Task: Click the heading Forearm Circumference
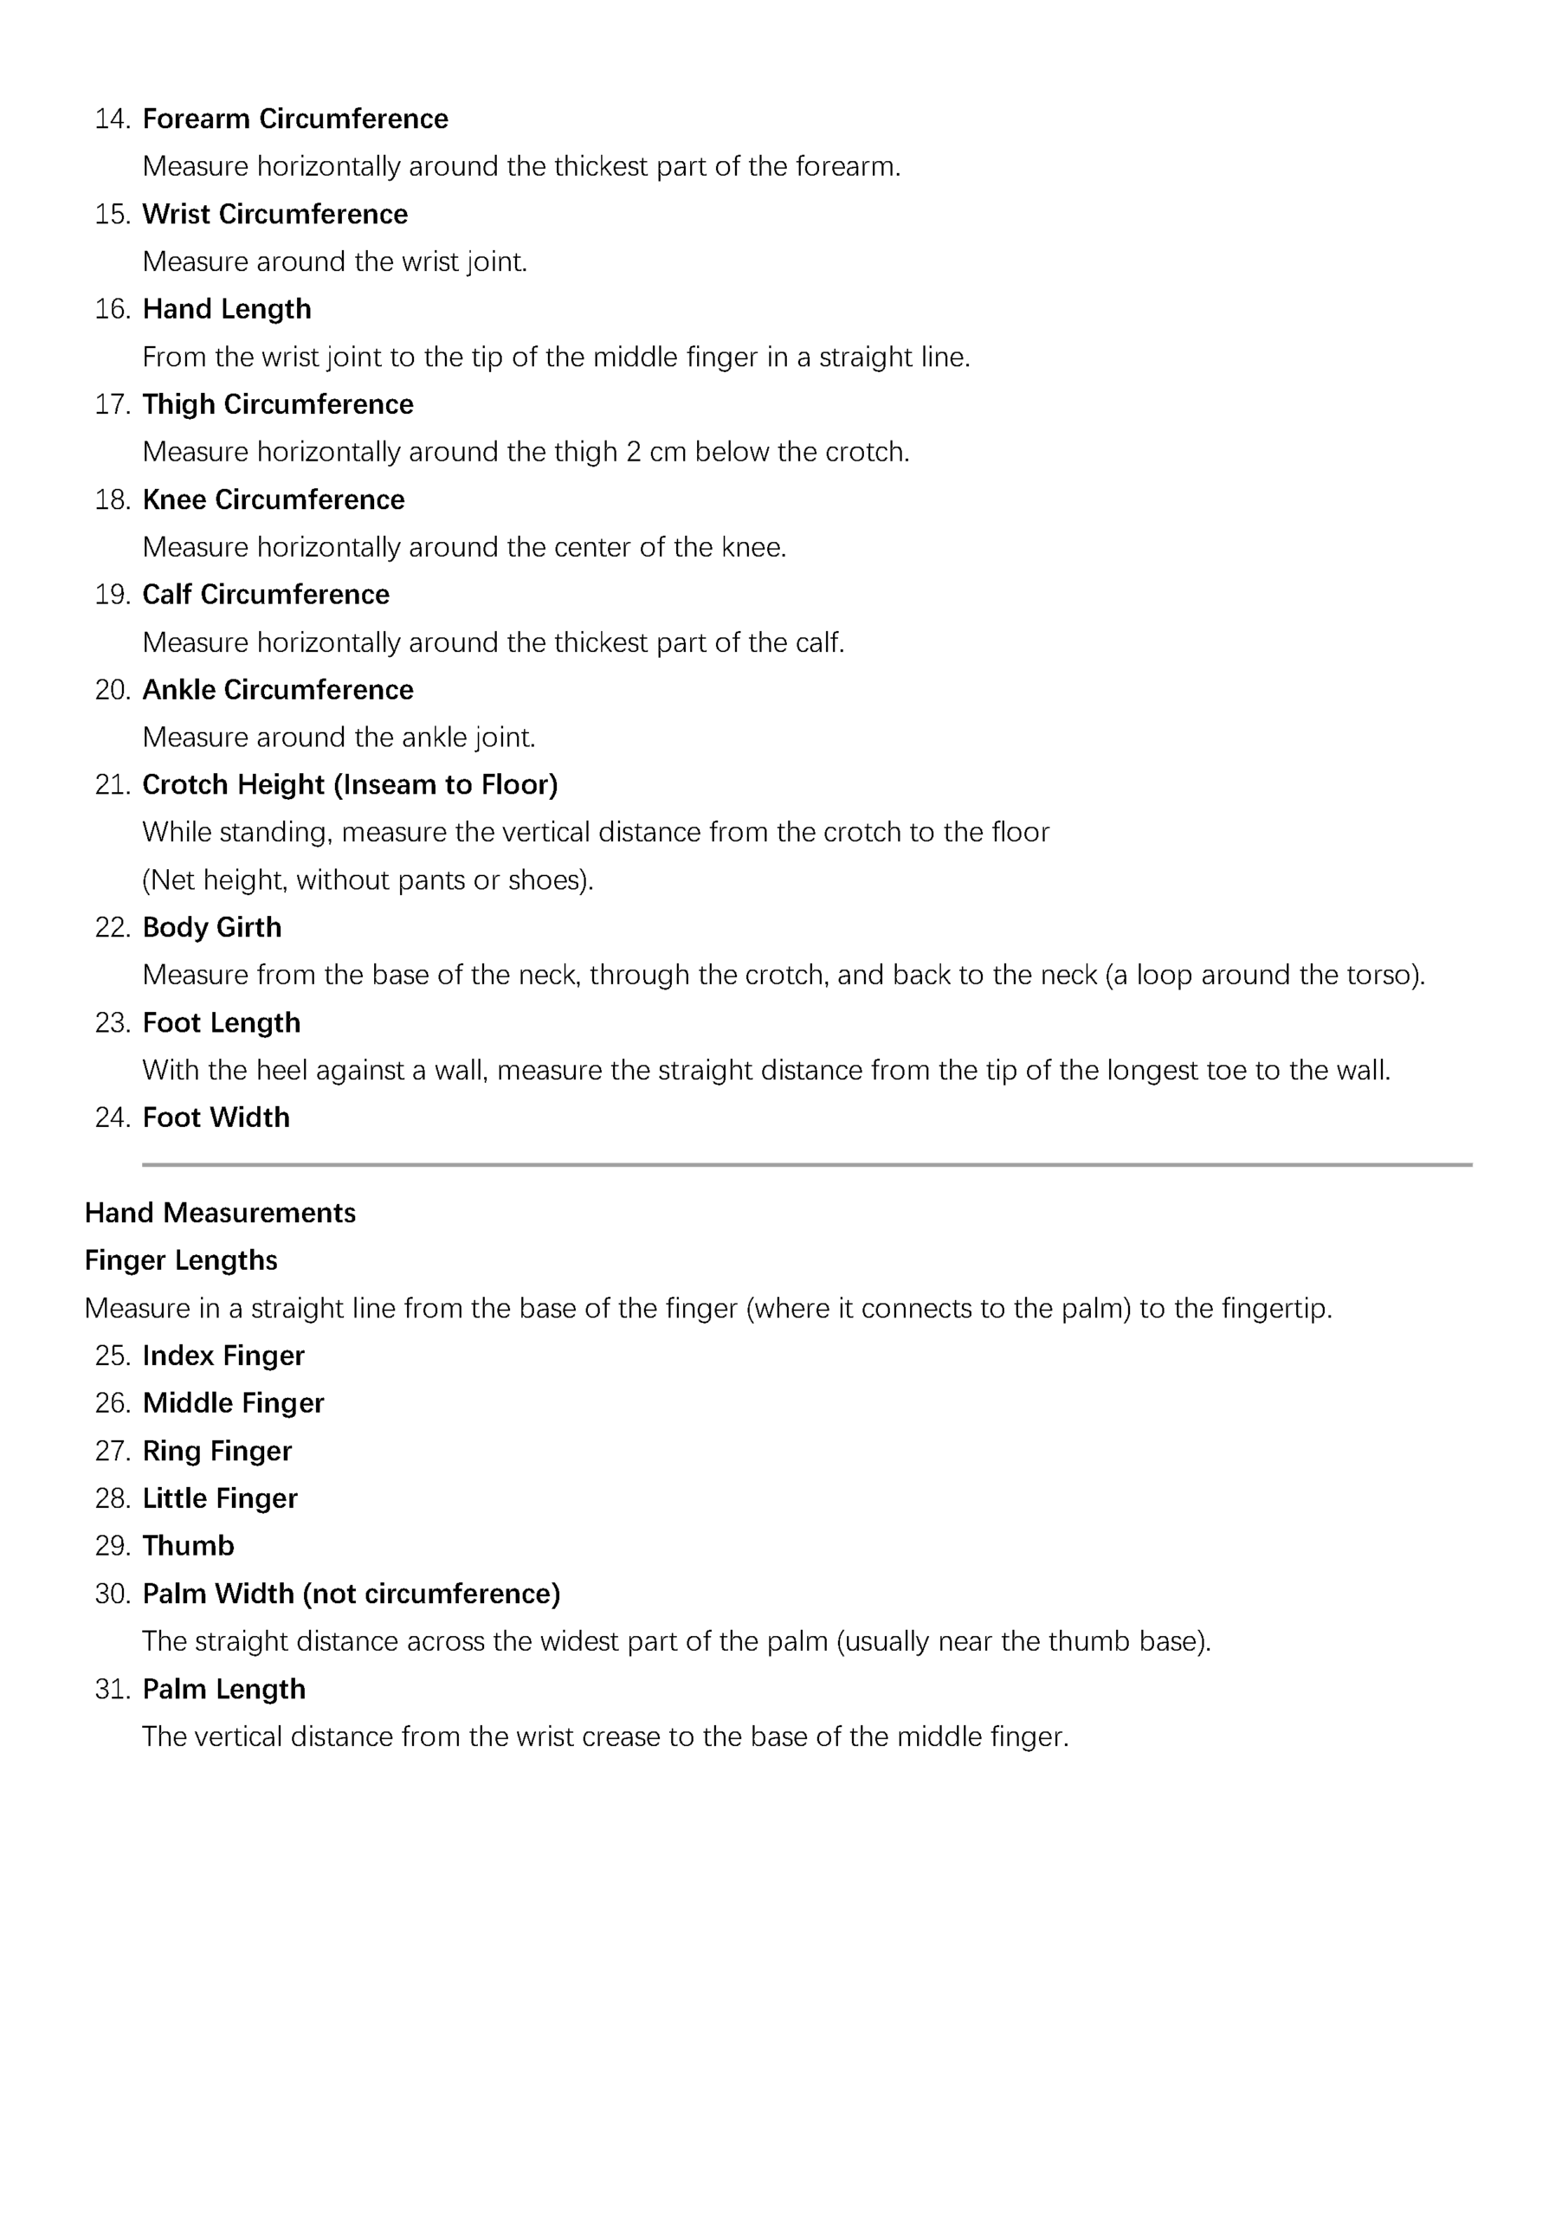point(294,119)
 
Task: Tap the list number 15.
point(112,215)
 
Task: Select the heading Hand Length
point(227,309)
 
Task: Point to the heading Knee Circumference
point(274,500)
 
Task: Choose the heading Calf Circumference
point(266,595)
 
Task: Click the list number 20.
point(112,690)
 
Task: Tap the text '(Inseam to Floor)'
point(445,784)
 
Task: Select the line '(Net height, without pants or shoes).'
point(368,880)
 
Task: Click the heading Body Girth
point(212,927)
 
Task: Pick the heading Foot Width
point(216,1118)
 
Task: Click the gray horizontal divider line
point(806,1165)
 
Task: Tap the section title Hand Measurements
point(220,1214)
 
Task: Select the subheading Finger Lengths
point(181,1260)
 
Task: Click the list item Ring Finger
point(217,1452)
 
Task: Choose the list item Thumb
point(188,1546)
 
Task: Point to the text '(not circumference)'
point(430,1594)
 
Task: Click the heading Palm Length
point(224,1690)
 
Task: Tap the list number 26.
point(112,1403)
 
